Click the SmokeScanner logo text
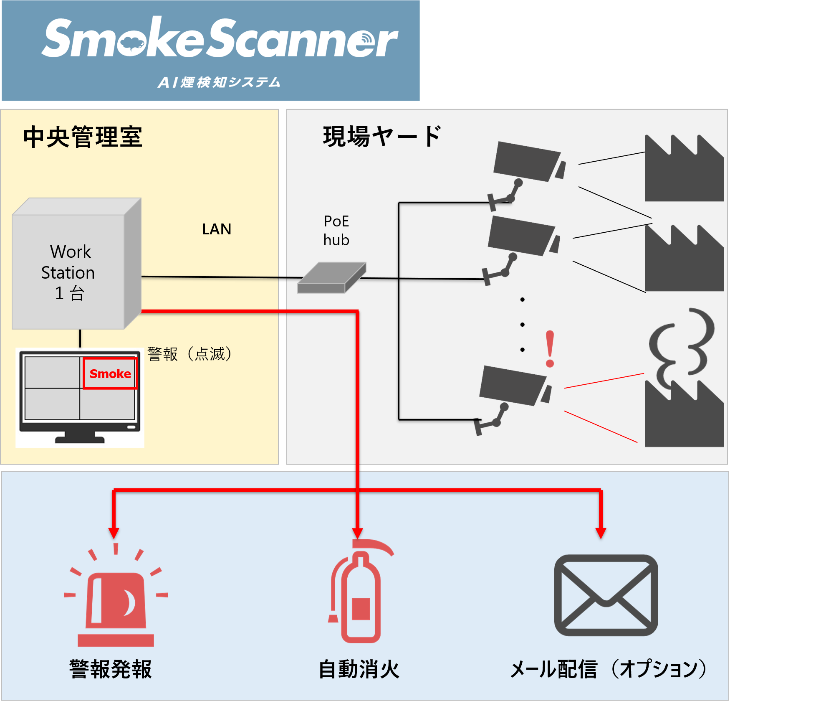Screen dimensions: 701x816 (x=220, y=38)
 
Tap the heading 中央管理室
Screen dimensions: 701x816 (x=83, y=137)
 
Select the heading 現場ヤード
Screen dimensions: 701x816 (x=381, y=136)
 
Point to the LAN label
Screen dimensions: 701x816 (x=216, y=229)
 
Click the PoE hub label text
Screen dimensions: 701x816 (x=336, y=230)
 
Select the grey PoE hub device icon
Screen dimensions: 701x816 (x=331, y=277)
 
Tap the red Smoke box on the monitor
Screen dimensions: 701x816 (x=110, y=373)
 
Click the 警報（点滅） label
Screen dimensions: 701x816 (x=190, y=354)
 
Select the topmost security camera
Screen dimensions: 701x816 (x=528, y=167)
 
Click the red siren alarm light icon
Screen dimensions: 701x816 (x=116, y=597)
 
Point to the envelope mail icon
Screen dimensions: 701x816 (x=606, y=595)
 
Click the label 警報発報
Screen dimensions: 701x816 (x=111, y=669)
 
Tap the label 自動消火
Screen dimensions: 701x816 (x=359, y=669)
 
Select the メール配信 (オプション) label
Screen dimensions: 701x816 (x=608, y=669)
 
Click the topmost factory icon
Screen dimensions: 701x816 (x=683, y=169)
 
